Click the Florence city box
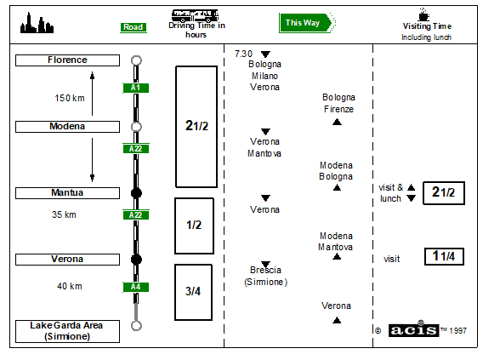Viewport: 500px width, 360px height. (68, 60)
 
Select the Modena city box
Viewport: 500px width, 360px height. (68, 127)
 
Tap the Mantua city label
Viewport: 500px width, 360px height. (68, 193)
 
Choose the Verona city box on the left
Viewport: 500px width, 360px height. (68, 260)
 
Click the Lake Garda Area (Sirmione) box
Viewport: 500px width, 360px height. (68, 331)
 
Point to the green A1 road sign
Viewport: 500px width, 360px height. (136, 88)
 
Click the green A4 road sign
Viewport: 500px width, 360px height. (136, 287)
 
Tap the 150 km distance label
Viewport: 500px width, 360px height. (70, 98)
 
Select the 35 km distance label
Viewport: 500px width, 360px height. (64, 214)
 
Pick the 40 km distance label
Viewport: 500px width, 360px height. (70, 286)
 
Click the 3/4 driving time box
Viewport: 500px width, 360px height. (193, 292)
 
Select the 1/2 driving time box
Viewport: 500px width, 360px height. (194, 226)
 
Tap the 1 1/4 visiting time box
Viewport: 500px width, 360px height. (444, 256)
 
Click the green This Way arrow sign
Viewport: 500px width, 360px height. (307, 23)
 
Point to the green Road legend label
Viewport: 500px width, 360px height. (134, 27)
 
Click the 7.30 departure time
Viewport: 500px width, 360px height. (243, 54)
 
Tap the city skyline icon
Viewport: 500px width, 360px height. (37, 23)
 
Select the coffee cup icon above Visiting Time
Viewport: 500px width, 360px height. (423, 14)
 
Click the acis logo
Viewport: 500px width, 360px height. (413, 329)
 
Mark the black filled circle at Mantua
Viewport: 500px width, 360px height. (136, 193)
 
